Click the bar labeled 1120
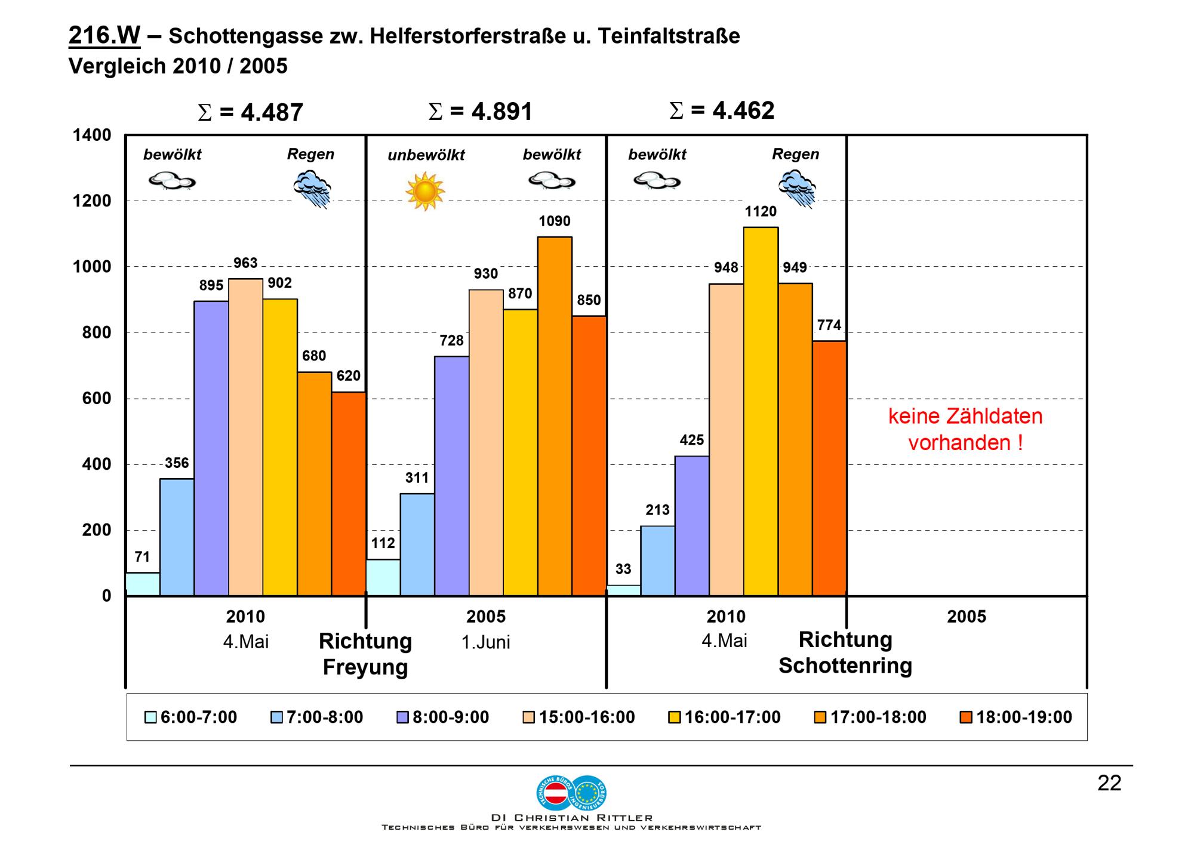point(761,411)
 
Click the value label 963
point(245,263)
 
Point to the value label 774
point(829,325)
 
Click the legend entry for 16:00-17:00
point(724,717)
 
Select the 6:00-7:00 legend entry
point(191,717)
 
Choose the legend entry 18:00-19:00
point(1016,717)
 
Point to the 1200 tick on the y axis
point(92,201)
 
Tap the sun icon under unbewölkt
point(425,191)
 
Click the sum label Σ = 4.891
point(480,112)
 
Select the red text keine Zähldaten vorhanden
point(965,429)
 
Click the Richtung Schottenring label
point(845,652)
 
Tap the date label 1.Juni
point(486,642)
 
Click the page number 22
point(1109,783)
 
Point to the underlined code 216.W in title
point(104,36)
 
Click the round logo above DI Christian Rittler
point(571,793)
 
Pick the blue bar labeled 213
point(657,560)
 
